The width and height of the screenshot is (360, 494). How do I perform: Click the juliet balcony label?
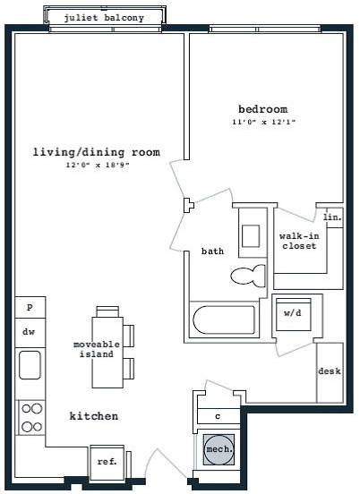[x=104, y=18]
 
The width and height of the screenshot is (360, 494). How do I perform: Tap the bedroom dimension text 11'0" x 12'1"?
[x=263, y=122]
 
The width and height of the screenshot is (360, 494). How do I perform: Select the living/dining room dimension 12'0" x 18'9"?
[x=98, y=165]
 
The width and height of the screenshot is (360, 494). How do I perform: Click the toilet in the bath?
[x=248, y=276]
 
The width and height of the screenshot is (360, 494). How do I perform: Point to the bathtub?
[x=224, y=319]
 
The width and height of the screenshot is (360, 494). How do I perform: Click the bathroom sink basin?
[x=251, y=236]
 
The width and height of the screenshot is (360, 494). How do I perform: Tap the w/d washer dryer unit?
[x=294, y=314]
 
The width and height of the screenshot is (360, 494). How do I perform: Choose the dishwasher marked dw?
[x=30, y=333]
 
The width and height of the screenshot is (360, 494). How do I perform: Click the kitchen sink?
[x=30, y=365]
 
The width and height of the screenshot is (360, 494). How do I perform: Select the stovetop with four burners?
[x=32, y=418]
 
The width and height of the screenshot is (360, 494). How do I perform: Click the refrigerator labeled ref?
[x=107, y=462]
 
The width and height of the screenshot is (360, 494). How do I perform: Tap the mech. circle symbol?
[x=219, y=449]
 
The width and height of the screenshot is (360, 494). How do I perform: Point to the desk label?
[x=330, y=371]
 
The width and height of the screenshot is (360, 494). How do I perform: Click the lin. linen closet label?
[x=332, y=217]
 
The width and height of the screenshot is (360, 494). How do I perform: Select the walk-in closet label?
[x=299, y=241]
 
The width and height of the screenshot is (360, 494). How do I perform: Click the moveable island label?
[x=97, y=349]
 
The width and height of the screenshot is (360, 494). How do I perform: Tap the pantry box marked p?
[x=30, y=307]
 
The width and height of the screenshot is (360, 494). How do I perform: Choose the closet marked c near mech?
[x=219, y=416]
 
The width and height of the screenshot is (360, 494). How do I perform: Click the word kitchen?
[x=94, y=416]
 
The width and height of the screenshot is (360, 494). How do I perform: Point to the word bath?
[x=212, y=251]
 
